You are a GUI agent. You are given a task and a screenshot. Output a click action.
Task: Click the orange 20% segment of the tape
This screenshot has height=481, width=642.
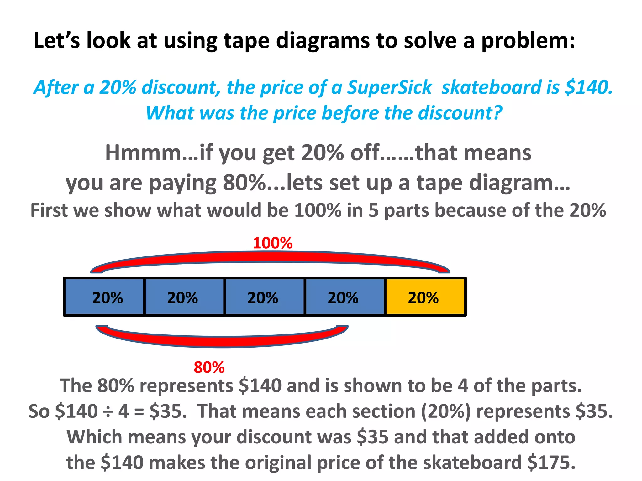pyautogui.click(x=425, y=297)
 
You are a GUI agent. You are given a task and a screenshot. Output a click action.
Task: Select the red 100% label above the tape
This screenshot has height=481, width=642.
pyautogui.click(x=273, y=243)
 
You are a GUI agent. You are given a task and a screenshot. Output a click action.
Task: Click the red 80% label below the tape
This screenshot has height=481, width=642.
pyautogui.click(x=209, y=367)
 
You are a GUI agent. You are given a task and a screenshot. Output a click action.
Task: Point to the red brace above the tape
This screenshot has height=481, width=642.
pyautogui.click(x=270, y=257)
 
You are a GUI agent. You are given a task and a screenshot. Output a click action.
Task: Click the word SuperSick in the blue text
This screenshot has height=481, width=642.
pyautogui.click(x=389, y=87)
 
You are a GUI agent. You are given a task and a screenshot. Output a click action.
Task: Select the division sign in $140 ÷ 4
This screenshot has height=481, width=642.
pyautogui.click(x=108, y=411)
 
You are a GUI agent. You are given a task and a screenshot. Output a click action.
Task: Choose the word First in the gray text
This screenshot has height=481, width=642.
pyautogui.click(x=49, y=210)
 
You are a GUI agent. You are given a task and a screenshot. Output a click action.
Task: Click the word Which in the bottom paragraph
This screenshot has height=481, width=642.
pyautogui.click(x=94, y=437)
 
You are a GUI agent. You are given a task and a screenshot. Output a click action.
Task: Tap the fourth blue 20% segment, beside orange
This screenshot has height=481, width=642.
pyautogui.click(x=344, y=297)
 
